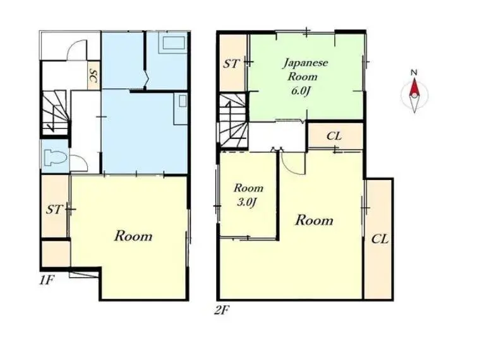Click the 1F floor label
tap(47, 280)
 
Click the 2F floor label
tap(222, 310)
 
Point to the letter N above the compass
tap(414, 73)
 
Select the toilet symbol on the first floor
tap(56, 157)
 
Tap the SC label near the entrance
tap(93, 76)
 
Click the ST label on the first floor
tap(54, 210)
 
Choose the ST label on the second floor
tap(231, 64)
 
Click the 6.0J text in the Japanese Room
tap(300, 92)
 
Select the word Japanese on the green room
tap(305, 63)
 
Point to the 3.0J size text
tap(247, 202)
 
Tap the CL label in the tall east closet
tap(380, 239)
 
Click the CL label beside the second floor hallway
tap(334, 136)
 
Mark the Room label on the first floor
tap(133, 236)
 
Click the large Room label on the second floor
tap(314, 220)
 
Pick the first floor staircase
tap(54, 113)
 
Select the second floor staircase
tap(232, 121)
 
